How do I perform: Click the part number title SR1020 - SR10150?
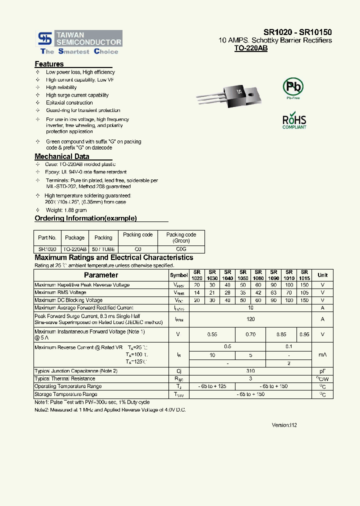[298, 32]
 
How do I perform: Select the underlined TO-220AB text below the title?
[250, 49]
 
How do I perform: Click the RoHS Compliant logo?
[294, 121]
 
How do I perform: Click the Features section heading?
[49, 64]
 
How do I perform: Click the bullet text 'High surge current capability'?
[77, 95]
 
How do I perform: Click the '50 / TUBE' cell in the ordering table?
[103, 249]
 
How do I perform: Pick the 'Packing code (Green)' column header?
[181, 237]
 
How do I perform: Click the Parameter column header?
[101, 275]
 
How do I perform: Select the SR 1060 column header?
[258, 275]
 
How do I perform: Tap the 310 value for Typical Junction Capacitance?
[250, 371]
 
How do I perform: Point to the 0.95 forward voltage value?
[304, 334]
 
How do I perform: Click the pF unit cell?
[322, 371]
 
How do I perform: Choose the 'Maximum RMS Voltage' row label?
[60, 292]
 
